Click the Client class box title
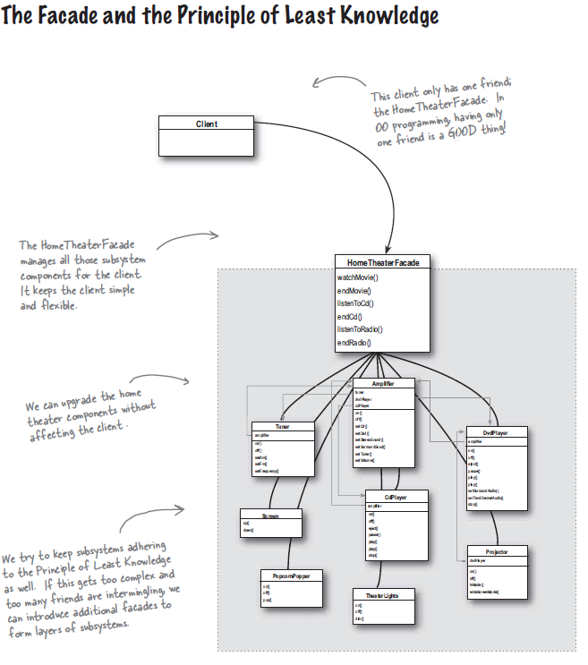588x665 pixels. click(x=206, y=124)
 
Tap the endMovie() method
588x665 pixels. click(x=354, y=291)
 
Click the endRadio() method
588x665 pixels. click(x=354, y=343)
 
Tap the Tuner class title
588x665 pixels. click(x=283, y=427)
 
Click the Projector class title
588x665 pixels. click(x=497, y=552)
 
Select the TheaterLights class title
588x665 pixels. click(x=383, y=594)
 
